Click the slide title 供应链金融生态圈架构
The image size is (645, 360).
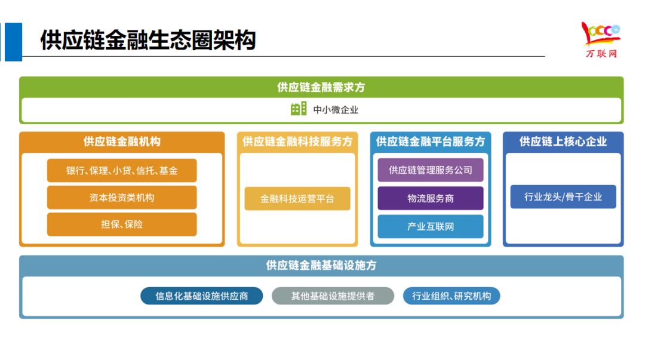pyautogui.click(x=148, y=41)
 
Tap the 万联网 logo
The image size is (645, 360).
pyautogui.click(x=600, y=40)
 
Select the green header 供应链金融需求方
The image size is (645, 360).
pyautogui.click(x=321, y=87)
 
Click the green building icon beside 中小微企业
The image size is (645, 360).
pyautogui.click(x=298, y=109)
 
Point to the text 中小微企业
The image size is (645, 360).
pyautogui.click(x=336, y=110)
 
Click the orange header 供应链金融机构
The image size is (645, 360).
pyautogui.click(x=122, y=141)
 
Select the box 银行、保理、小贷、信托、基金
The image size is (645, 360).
pyautogui.click(x=122, y=171)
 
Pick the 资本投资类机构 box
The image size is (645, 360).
pyautogui.click(x=122, y=198)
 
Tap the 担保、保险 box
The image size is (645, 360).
pyautogui.click(x=122, y=224)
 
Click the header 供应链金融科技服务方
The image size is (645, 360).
pyautogui.click(x=297, y=141)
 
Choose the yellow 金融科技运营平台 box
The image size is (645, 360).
pyautogui.click(x=297, y=199)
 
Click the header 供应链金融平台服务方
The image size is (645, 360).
pyautogui.click(x=431, y=141)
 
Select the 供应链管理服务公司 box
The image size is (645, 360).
pyautogui.click(x=431, y=170)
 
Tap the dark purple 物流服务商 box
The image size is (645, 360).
pyautogui.click(x=431, y=198)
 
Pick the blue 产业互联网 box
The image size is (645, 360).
pyautogui.click(x=431, y=227)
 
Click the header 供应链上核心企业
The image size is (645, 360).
pyautogui.click(x=563, y=141)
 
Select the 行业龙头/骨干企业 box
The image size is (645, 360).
pyautogui.click(x=563, y=196)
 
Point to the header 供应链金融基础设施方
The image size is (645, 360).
pyautogui.click(x=321, y=266)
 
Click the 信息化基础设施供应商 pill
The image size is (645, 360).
pyautogui.click(x=202, y=296)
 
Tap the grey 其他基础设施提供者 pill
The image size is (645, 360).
pyautogui.click(x=333, y=296)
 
